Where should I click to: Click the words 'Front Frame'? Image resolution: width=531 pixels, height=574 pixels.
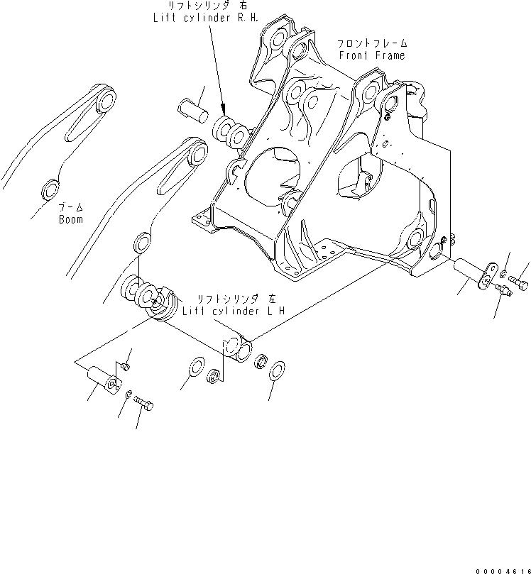pos(372,55)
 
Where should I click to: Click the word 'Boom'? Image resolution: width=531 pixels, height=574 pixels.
pos(71,219)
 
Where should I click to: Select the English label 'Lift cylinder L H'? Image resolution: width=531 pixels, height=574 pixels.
pos(223,311)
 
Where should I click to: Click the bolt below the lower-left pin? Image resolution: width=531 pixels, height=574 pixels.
pos(146,405)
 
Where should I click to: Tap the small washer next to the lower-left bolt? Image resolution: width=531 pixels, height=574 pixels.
pos(128,393)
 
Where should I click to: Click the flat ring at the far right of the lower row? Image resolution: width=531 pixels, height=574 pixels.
pos(278,370)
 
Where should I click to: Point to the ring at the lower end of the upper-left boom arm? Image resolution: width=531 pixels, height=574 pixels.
pos(51,189)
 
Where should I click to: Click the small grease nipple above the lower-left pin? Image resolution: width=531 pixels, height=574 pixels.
pos(124,365)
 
